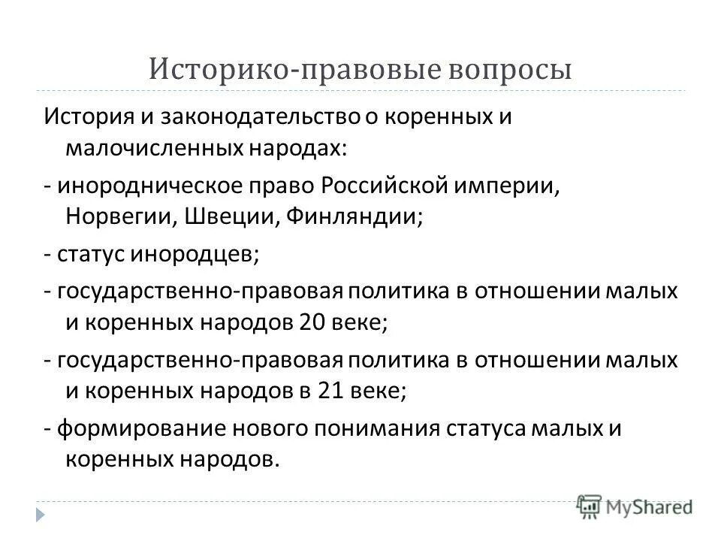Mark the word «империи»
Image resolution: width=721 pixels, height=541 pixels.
coord(510,184)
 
